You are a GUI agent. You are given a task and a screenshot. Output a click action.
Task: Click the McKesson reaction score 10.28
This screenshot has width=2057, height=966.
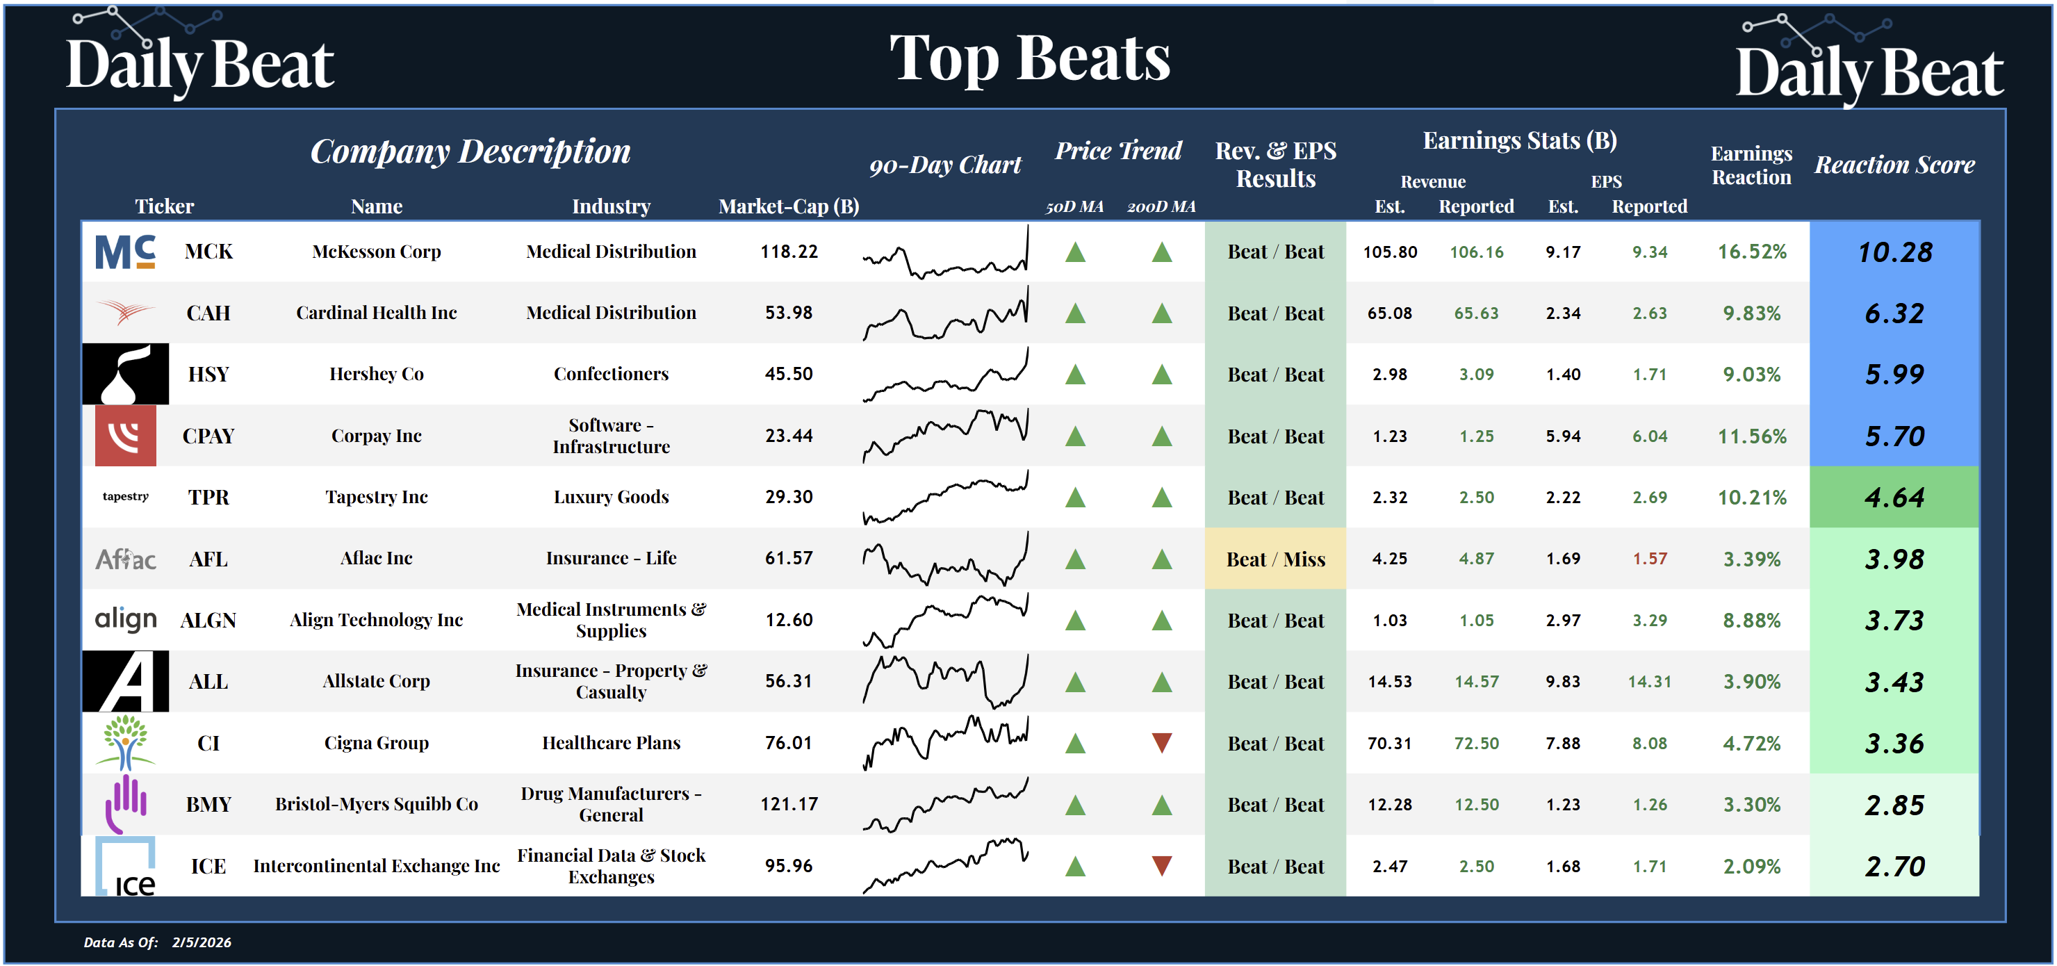point(1894,252)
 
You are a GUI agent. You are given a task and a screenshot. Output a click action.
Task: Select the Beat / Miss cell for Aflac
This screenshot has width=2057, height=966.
point(1275,559)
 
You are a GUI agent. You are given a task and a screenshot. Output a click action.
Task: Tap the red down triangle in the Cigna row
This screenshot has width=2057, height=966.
point(1162,743)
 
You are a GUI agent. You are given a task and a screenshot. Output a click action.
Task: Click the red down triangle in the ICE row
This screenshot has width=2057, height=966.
point(1162,866)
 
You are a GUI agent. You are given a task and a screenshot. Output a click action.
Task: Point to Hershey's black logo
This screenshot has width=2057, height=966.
point(125,375)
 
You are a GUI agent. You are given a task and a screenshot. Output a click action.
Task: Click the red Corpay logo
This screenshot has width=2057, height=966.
point(125,436)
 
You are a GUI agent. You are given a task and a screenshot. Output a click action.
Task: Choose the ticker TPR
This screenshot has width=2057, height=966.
point(208,498)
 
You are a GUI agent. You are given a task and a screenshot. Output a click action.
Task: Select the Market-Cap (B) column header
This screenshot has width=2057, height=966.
point(788,207)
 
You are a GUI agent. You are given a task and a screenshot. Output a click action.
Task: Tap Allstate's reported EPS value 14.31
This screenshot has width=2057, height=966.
point(1649,682)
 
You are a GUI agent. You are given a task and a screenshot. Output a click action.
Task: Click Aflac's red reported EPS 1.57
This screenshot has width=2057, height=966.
point(1649,559)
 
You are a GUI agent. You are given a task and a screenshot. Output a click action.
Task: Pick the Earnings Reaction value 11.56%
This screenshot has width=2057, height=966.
point(1751,436)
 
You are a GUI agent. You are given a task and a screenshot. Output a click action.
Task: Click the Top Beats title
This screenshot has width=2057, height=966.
point(1029,59)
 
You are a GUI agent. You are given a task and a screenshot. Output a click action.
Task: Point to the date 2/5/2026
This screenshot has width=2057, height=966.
point(202,942)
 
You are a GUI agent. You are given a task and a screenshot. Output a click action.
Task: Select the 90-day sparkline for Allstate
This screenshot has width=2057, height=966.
point(945,681)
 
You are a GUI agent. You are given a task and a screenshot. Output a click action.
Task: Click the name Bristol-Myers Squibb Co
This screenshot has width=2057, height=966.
point(376,804)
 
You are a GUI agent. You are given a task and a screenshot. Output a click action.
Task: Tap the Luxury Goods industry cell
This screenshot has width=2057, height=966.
point(611,498)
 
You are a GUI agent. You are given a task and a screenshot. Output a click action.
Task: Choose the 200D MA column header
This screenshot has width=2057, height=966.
point(1161,207)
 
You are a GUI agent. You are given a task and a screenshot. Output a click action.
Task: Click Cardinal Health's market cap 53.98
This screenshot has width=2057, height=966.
point(788,313)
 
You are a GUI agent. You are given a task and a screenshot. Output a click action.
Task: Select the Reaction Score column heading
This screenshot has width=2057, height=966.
point(1894,165)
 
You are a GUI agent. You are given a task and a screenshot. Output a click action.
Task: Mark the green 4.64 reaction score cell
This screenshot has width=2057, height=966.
point(1894,498)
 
